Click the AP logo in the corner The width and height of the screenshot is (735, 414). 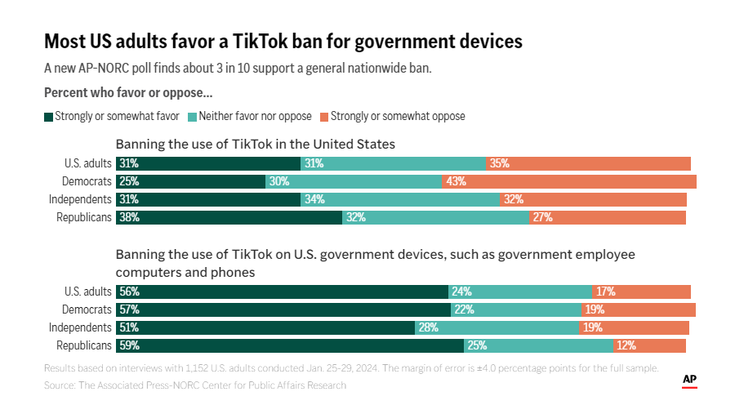click(x=689, y=381)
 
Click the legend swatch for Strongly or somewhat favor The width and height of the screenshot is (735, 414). click(x=48, y=116)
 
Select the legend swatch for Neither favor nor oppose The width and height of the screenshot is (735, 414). click(x=193, y=116)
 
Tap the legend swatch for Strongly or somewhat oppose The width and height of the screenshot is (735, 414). click(x=324, y=116)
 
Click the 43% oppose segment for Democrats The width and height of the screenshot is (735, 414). click(x=569, y=181)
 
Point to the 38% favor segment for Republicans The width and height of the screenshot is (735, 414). click(x=229, y=217)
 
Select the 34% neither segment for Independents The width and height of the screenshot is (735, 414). click(x=399, y=199)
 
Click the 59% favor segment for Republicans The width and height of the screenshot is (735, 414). click(x=290, y=345)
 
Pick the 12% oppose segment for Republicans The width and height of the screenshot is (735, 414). click(x=650, y=345)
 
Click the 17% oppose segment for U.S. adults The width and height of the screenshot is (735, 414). click(x=642, y=292)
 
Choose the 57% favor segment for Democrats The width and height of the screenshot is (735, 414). click(x=283, y=309)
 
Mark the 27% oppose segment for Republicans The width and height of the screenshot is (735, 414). click(x=608, y=217)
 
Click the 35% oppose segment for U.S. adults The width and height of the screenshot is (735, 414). click(x=589, y=163)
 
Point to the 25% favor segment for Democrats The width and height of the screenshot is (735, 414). click(x=191, y=181)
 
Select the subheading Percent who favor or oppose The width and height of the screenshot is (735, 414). click(x=128, y=92)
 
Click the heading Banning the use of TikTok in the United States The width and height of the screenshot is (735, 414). click(x=255, y=144)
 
